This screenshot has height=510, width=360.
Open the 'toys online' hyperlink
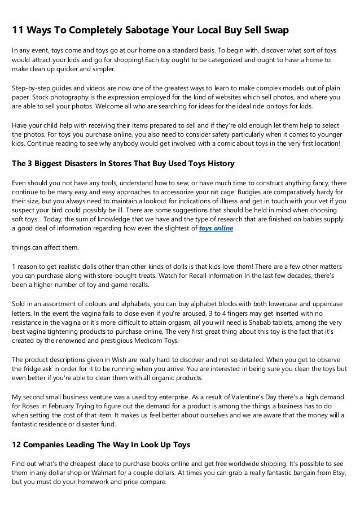click(217, 229)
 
